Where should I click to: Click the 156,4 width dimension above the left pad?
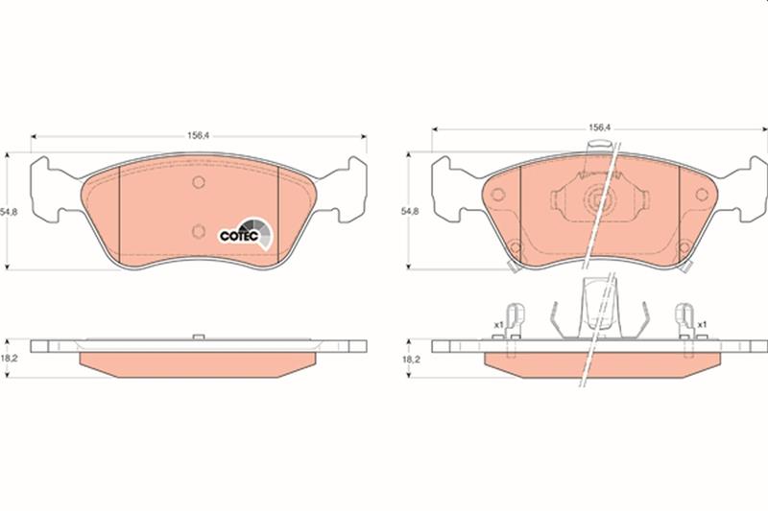click(x=199, y=136)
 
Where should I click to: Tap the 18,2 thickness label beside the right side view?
click(x=411, y=359)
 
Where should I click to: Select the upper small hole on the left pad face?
click(x=198, y=182)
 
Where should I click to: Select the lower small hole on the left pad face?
click(x=198, y=229)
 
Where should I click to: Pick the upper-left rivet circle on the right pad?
click(x=497, y=195)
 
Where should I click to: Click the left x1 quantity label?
click(x=498, y=325)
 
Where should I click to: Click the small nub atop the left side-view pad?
click(x=197, y=336)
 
